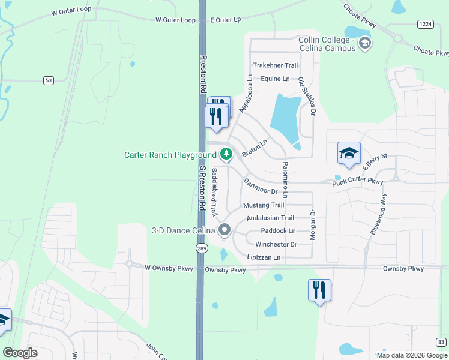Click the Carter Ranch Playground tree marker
click(226, 154)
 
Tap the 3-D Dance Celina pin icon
click(225, 229)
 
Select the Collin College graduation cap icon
click(364, 43)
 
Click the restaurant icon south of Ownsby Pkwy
click(319, 290)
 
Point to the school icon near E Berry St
click(349, 154)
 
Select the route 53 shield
click(49, 80)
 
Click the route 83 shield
click(442, 342)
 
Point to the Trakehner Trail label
click(276, 65)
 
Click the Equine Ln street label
click(275, 79)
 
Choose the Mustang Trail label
click(264, 205)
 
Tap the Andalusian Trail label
click(270, 218)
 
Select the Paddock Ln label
click(279, 231)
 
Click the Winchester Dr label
click(276, 244)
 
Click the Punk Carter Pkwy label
click(358, 181)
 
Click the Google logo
click(20, 353)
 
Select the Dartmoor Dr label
click(260, 185)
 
